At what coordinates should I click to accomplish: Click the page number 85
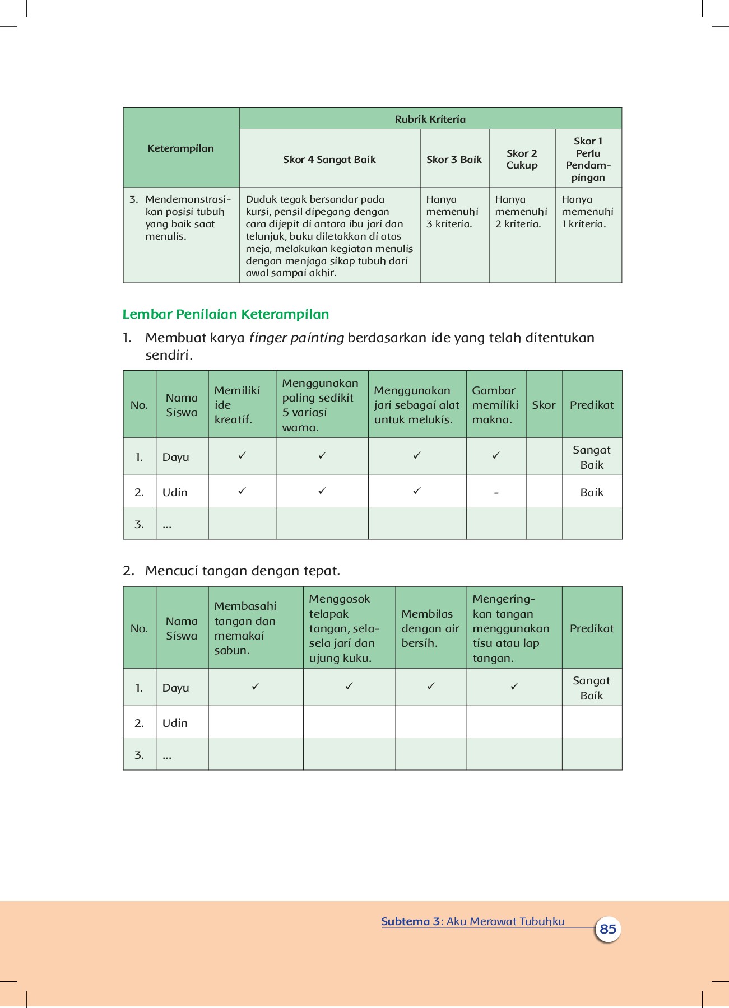pyautogui.click(x=607, y=929)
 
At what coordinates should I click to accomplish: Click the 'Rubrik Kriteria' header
pyautogui.click(x=430, y=119)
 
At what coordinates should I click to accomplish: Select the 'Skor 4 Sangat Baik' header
pyautogui.click(x=329, y=160)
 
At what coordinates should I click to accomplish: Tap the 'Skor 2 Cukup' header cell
pyautogui.click(x=522, y=160)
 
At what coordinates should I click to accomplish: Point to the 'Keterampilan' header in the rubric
pyautogui.click(x=180, y=148)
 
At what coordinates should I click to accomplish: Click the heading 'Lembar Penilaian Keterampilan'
pyautogui.click(x=225, y=314)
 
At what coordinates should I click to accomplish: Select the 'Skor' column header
pyautogui.click(x=544, y=405)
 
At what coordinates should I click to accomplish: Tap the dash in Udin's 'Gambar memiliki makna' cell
pyautogui.click(x=496, y=493)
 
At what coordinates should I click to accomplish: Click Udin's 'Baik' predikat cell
pyautogui.click(x=592, y=492)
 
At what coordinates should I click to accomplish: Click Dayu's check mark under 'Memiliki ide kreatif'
pyautogui.click(x=242, y=456)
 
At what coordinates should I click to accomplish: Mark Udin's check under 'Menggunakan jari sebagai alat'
pyautogui.click(x=417, y=491)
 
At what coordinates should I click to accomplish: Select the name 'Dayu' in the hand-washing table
pyautogui.click(x=175, y=688)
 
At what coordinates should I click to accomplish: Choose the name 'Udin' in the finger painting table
pyautogui.click(x=175, y=492)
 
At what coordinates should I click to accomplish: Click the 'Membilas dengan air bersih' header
pyautogui.click(x=430, y=628)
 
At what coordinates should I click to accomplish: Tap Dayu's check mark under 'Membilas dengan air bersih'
pyautogui.click(x=431, y=686)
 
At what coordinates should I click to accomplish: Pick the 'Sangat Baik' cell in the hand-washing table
pyautogui.click(x=592, y=688)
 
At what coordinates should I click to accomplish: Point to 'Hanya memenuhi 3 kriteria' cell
pyautogui.click(x=452, y=212)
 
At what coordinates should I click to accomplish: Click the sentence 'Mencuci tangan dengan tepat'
pyautogui.click(x=242, y=571)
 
